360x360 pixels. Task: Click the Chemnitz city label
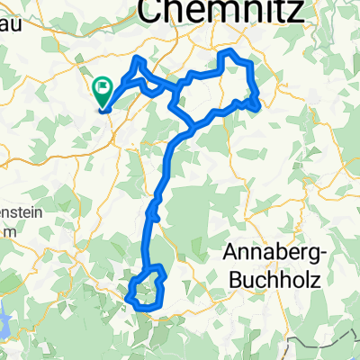214,10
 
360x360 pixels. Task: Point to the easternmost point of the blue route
259,106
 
